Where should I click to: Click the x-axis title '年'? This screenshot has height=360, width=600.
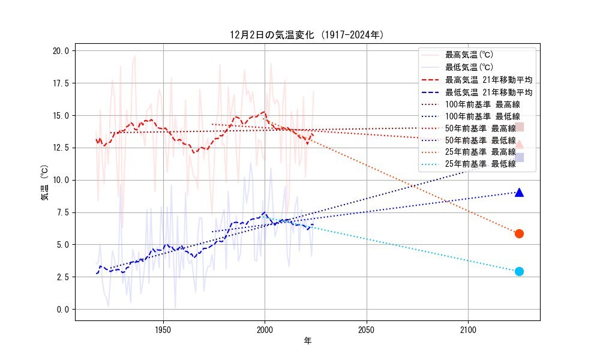[x=307, y=341]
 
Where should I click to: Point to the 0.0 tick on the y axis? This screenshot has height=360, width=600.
[x=61, y=310]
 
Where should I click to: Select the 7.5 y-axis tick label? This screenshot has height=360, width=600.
[x=61, y=212]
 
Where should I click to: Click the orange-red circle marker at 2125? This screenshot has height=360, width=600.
[x=519, y=233]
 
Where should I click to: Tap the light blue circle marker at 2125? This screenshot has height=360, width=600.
[x=519, y=271]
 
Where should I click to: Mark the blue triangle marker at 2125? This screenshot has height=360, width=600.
[x=519, y=193]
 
